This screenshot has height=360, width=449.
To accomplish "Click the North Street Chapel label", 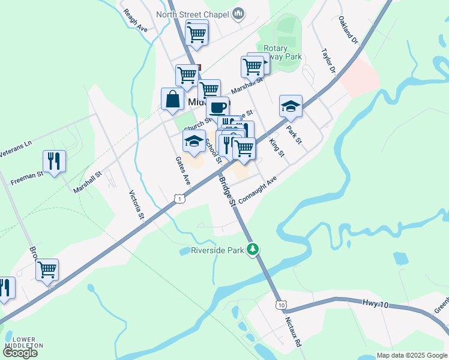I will click(x=193, y=14).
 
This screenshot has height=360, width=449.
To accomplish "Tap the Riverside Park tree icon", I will click(x=254, y=248).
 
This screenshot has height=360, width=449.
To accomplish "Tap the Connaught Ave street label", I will click(x=258, y=190).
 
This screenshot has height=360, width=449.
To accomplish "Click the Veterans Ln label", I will click(x=15, y=149).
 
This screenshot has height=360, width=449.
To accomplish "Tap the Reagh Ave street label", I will click(x=135, y=20).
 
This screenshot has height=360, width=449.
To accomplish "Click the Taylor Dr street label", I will click(x=328, y=61).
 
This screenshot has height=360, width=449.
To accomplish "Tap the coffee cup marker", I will click(x=217, y=108).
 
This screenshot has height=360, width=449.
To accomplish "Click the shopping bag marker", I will click(x=172, y=99).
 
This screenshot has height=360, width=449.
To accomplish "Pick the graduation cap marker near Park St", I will click(x=291, y=106).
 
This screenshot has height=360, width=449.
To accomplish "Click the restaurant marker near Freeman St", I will click(x=54, y=161).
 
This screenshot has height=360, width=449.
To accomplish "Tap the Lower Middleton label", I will click(x=23, y=342).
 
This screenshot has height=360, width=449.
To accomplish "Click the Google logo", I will click(x=20, y=353).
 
